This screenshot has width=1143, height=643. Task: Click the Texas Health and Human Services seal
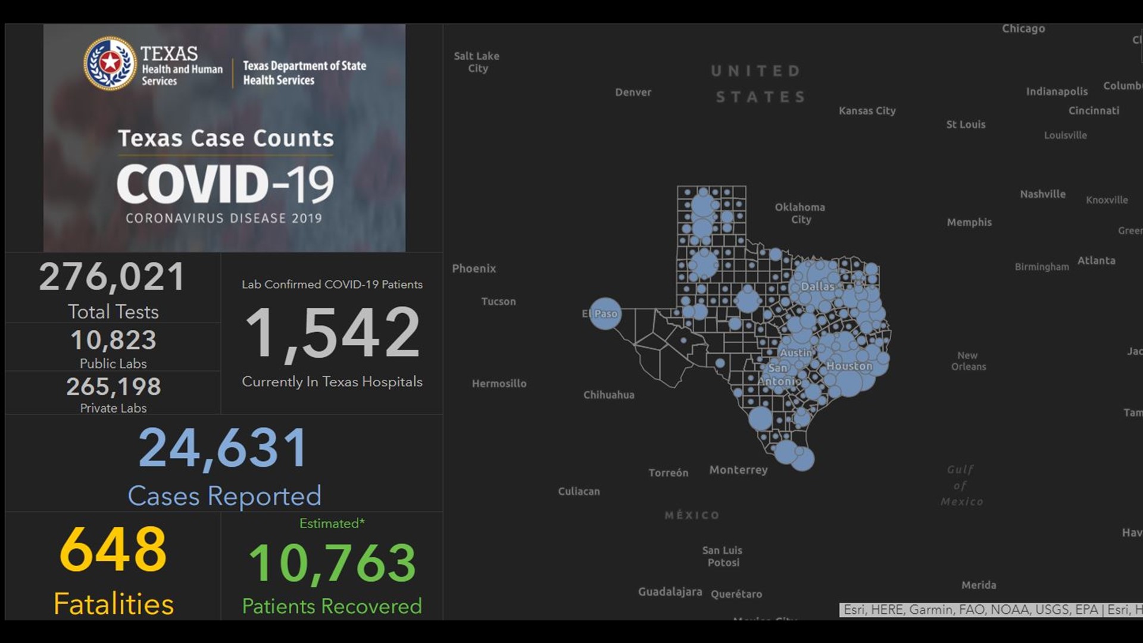(110, 63)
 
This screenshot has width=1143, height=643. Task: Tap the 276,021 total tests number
(113, 277)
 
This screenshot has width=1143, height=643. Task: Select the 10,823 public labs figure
(113, 340)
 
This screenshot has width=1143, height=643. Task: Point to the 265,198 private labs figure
(113, 387)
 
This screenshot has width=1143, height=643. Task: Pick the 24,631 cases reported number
(224, 448)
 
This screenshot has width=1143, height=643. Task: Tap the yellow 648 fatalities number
(113, 549)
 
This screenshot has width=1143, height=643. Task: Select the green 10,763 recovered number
(332, 563)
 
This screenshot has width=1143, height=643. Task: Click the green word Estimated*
(332, 523)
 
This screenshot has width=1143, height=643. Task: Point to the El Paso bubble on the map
(605, 314)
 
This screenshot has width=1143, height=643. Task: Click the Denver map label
(633, 92)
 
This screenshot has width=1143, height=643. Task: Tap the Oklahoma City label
(800, 213)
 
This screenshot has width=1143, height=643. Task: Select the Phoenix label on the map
(474, 269)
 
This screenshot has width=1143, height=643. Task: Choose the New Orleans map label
(968, 361)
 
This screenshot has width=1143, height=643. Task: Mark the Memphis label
(969, 222)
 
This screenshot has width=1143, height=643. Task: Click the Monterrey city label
(738, 470)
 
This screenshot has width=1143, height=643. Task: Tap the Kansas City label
(867, 111)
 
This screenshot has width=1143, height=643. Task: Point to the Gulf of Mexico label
(961, 485)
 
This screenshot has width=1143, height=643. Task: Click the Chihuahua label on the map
(608, 395)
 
